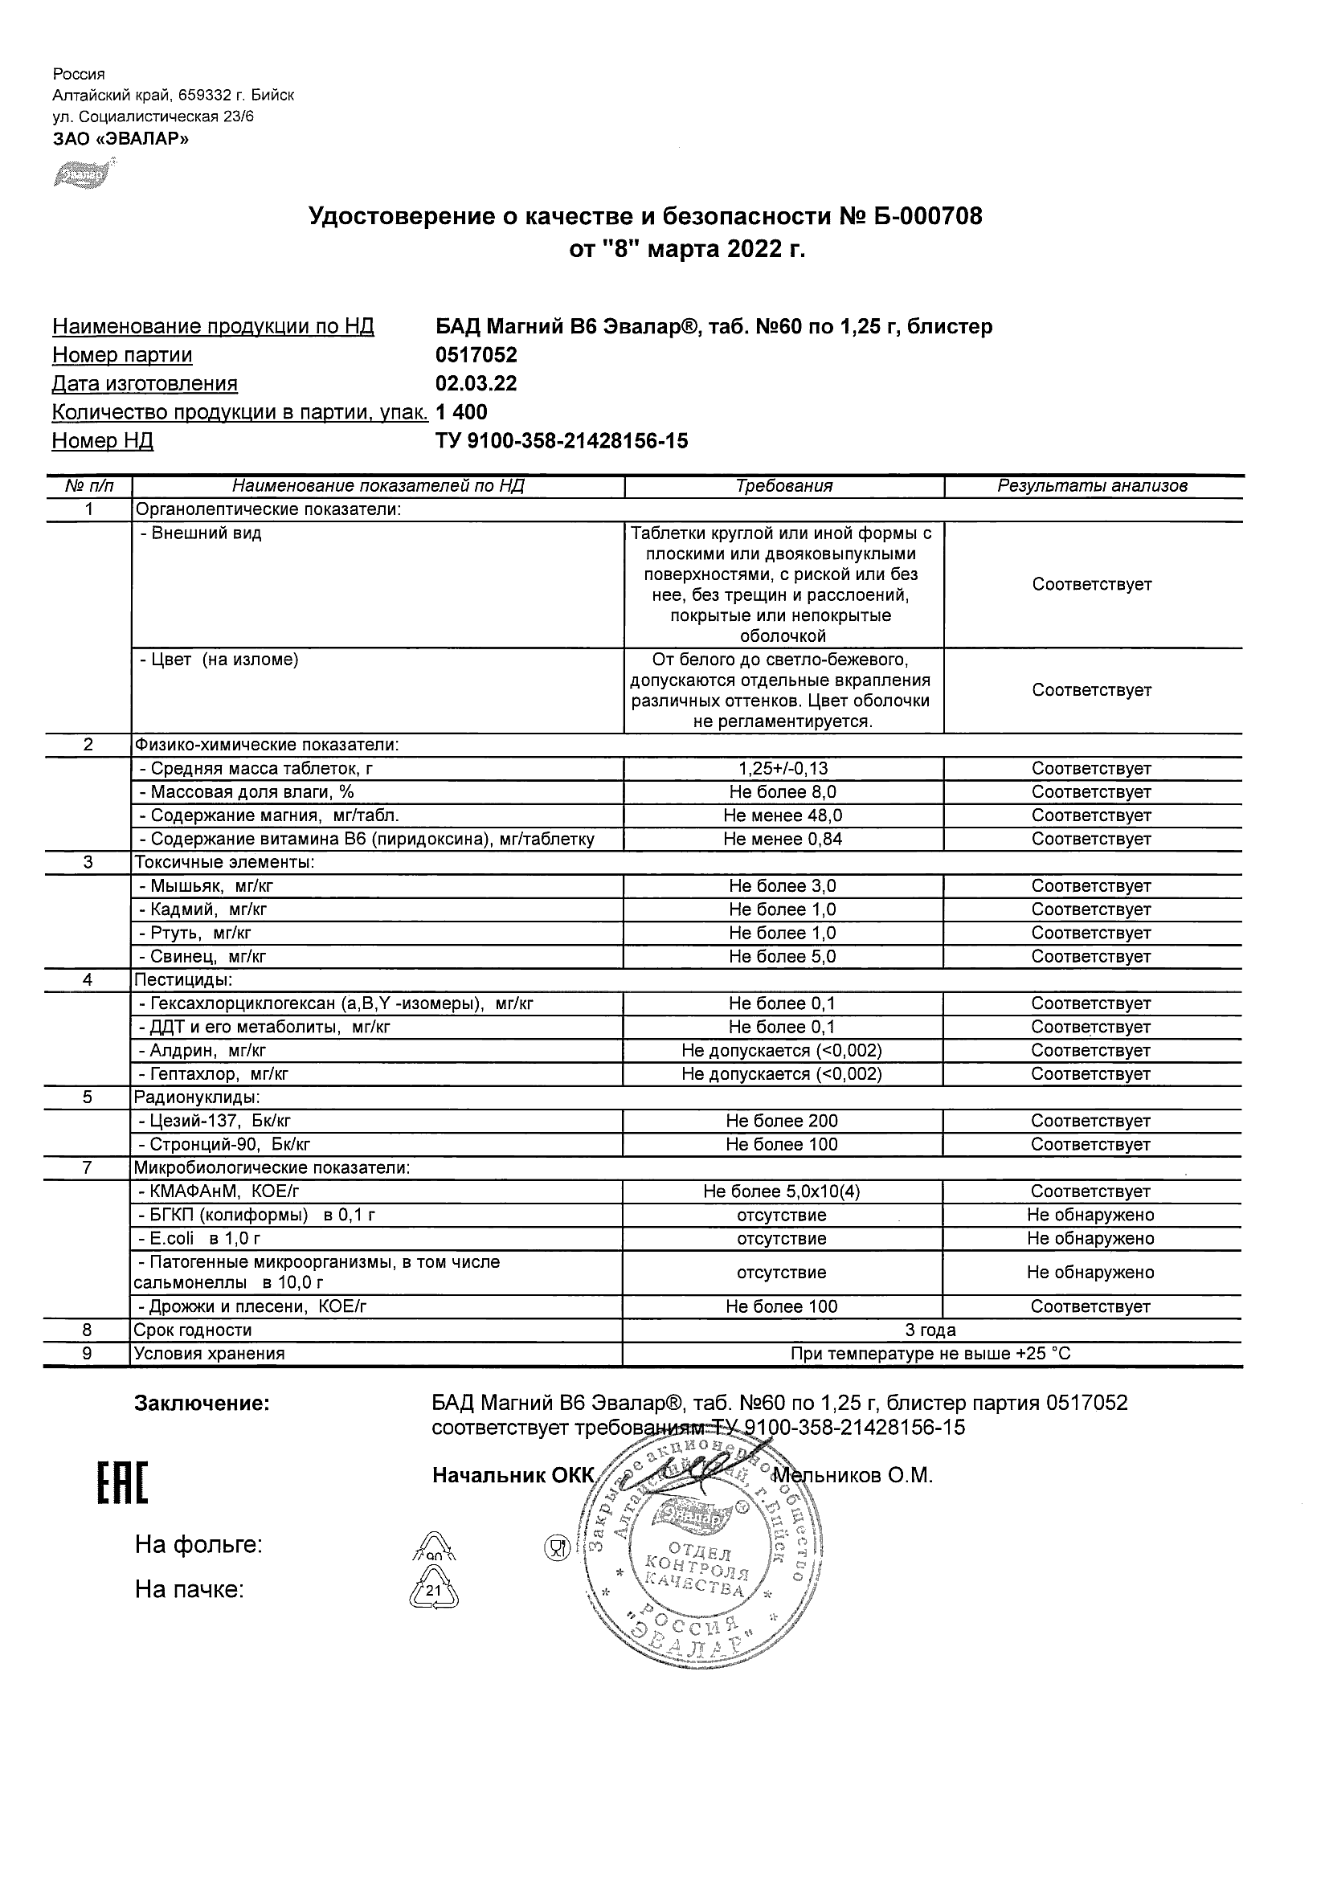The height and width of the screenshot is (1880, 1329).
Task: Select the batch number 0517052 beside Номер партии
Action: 476,354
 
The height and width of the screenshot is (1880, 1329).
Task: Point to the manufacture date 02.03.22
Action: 476,383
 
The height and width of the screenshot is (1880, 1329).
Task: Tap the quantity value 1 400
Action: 462,412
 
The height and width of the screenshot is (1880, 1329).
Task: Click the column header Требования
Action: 783,485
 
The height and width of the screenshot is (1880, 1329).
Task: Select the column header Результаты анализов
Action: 1092,485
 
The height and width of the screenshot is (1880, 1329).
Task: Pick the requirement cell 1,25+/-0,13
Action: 783,769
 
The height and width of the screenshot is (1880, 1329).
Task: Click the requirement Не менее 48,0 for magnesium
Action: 783,815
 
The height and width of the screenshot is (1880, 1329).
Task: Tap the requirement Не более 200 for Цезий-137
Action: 782,1121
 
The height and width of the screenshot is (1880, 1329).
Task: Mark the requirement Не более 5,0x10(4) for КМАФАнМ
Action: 782,1191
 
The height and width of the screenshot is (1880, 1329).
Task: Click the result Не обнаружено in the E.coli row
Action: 1090,1238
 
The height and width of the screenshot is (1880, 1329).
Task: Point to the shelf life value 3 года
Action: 931,1330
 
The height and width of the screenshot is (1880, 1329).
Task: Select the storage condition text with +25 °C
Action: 931,1354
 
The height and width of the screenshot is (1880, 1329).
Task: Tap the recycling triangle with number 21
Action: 433,1590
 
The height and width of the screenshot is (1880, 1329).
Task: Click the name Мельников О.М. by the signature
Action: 853,1476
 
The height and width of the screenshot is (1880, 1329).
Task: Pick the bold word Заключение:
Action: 202,1404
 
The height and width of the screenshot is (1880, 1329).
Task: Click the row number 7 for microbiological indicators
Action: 88,1167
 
